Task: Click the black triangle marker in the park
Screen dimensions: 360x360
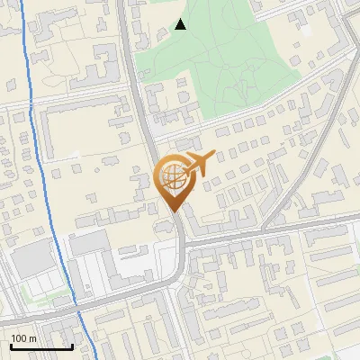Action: tap(181, 24)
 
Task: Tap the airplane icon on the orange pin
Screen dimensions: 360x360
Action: tap(196, 163)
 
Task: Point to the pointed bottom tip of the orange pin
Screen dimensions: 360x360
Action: tap(173, 211)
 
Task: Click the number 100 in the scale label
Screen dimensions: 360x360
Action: tap(20, 338)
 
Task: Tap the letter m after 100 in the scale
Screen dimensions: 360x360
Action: tap(33, 338)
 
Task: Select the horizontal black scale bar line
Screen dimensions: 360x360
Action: tap(41, 347)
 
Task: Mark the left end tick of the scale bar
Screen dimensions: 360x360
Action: tap(11, 346)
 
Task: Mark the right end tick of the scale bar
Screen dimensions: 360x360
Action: tap(72, 346)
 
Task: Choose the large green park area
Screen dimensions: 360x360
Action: tap(225, 54)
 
